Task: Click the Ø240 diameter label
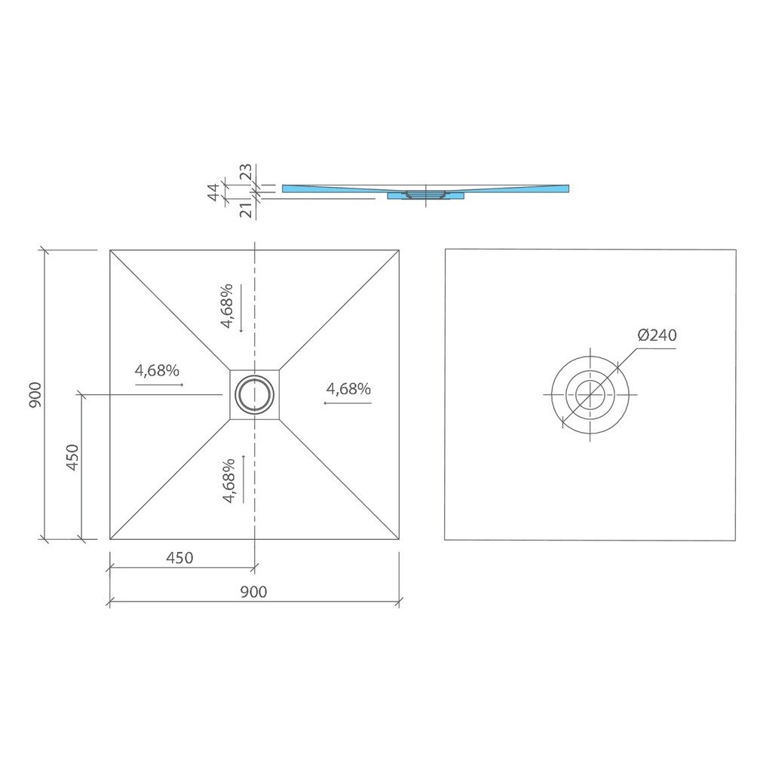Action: (657, 335)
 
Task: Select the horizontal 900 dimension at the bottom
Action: (253, 591)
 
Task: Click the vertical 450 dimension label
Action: (72, 458)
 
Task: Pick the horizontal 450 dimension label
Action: (179, 558)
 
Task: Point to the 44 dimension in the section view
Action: (213, 191)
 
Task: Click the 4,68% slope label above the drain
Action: (226, 306)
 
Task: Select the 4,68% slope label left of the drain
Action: (157, 370)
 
